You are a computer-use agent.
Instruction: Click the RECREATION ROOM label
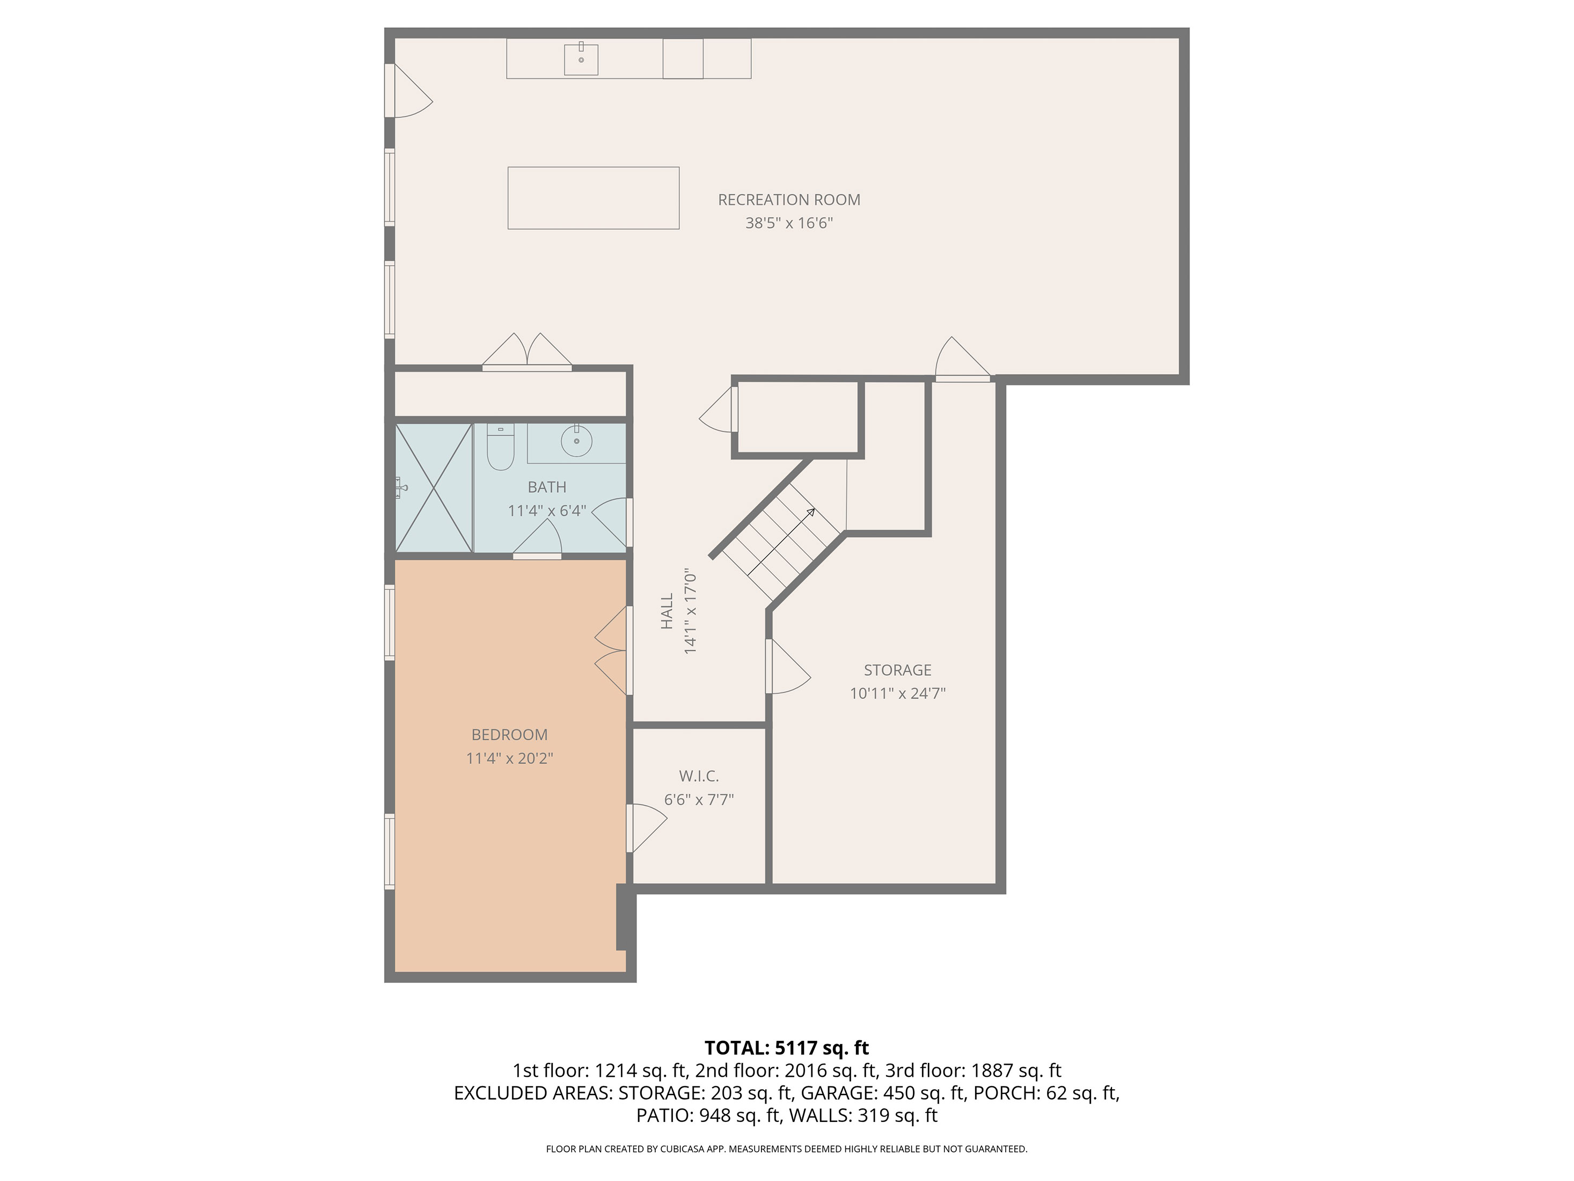788,200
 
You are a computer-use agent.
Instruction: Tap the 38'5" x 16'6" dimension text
788,223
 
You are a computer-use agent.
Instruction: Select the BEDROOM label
509,735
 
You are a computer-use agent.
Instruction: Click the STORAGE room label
897,670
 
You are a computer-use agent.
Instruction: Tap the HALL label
667,611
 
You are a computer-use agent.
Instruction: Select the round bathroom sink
576,441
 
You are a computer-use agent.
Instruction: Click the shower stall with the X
434,487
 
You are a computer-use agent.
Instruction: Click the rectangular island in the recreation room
594,198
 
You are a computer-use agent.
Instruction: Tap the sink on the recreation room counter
581,59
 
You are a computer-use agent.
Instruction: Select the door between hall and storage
788,666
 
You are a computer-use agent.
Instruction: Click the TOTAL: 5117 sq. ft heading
786,1048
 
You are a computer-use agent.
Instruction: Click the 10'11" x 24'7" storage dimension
897,694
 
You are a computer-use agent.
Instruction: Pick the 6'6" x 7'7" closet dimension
699,799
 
